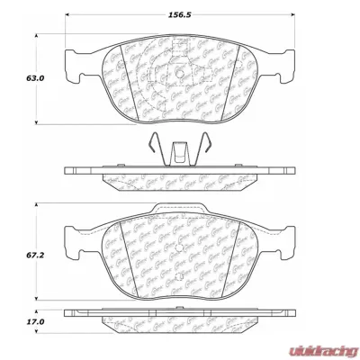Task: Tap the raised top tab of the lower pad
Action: (180, 211)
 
